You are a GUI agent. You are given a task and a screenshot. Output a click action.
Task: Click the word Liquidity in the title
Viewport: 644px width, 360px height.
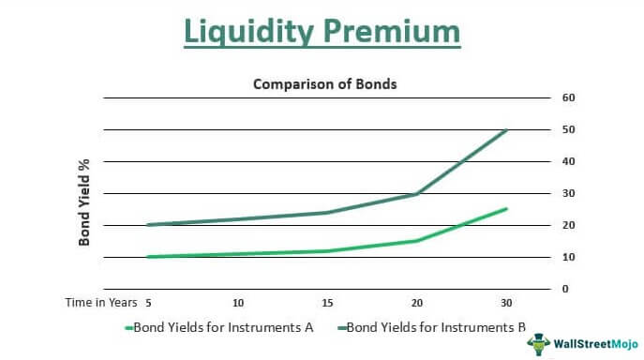(247, 31)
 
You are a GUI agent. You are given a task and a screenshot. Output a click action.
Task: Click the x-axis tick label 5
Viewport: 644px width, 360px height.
(149, 302)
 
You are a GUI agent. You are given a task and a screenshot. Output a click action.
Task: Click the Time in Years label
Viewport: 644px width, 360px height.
(100, 302)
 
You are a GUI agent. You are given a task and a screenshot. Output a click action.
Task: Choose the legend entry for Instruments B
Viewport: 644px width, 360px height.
(432, 327)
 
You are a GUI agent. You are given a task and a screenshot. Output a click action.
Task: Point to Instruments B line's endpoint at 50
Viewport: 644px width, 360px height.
(507, 129)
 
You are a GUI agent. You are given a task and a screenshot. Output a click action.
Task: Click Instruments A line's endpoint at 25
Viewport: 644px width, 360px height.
(507, 209)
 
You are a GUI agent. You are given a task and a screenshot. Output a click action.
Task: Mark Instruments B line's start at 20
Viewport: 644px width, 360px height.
(149, 225)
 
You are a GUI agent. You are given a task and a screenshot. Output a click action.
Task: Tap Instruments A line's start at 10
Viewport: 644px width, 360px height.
(149, 257)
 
